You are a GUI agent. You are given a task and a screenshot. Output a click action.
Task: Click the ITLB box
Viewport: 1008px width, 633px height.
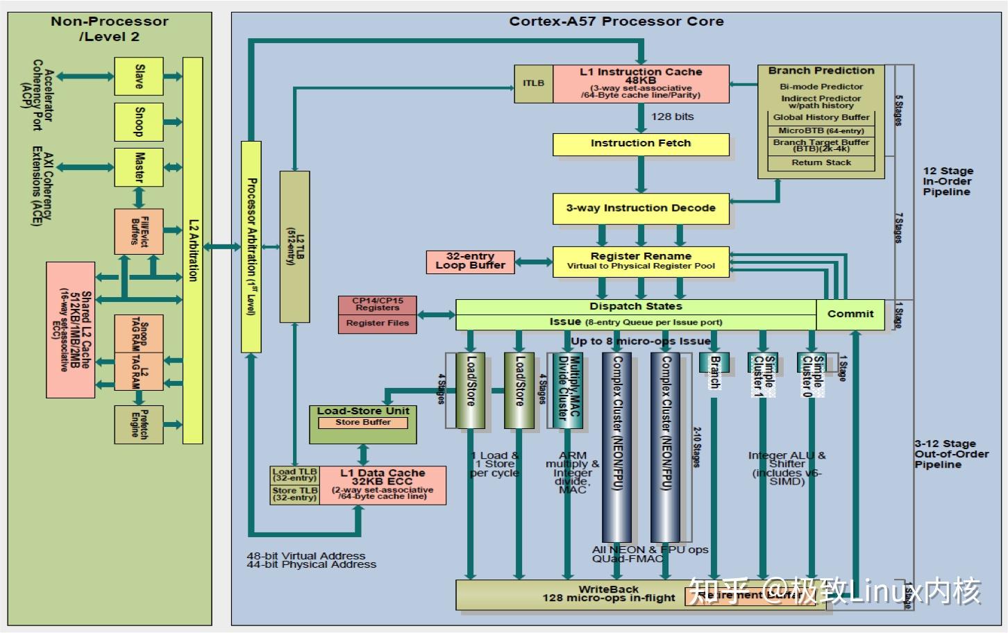pos(533,84)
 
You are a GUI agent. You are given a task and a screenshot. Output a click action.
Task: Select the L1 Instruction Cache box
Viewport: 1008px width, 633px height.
pos(640,84)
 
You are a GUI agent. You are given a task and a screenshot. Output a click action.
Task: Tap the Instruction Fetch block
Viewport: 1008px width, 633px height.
pos(640,144)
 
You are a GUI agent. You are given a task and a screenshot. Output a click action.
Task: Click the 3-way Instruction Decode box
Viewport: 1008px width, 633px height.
pos(640,208)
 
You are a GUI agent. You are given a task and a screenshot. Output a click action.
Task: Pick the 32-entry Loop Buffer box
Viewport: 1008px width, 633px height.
pos(470,261)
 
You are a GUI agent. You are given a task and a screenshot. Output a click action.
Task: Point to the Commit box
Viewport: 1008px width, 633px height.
pos(850,314)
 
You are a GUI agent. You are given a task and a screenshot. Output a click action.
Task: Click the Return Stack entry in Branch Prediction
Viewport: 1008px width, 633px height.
pos(821,163)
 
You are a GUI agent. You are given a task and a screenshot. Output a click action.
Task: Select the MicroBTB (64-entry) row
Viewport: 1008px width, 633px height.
pos(821,130)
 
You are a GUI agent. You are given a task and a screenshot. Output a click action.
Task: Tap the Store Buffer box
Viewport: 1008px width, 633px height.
pos(362,423)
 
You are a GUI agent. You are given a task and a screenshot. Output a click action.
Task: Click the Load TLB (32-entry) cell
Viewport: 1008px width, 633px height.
pos(295,475)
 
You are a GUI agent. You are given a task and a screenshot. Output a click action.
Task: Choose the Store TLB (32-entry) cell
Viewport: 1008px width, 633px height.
pos(295,494)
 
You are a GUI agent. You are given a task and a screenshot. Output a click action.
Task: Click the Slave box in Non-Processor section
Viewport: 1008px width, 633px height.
pos(139,76)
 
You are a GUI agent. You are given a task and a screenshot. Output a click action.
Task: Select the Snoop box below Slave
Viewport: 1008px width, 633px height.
pos(139,122)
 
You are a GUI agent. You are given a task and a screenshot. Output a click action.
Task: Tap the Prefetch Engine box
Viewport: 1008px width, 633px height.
pos(139,424)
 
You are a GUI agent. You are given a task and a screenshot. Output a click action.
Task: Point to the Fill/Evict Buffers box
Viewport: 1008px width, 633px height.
pos(139,231)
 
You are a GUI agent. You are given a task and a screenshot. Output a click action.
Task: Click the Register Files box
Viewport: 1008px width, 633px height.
pos(377,323)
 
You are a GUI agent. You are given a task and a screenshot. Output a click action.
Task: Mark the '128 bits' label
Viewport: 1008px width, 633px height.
pos(672,117)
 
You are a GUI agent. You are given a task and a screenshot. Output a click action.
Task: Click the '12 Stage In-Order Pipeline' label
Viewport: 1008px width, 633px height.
pos(948,181)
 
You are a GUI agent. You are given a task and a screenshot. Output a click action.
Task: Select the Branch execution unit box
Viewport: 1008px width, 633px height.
pos(714,372)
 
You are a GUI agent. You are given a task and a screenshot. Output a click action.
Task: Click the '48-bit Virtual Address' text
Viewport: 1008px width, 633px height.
pos(305,556)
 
